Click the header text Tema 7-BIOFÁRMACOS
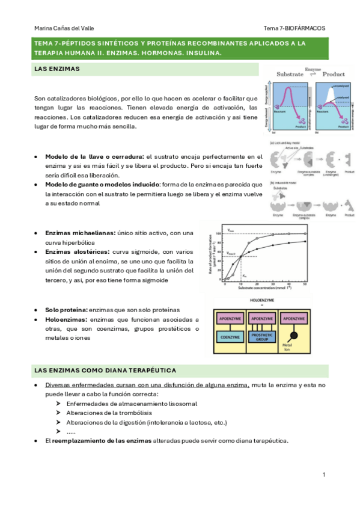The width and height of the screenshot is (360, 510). [294, 28]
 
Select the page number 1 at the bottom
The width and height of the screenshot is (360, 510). [323, 475]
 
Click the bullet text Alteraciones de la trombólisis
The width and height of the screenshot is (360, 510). [109, 413]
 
